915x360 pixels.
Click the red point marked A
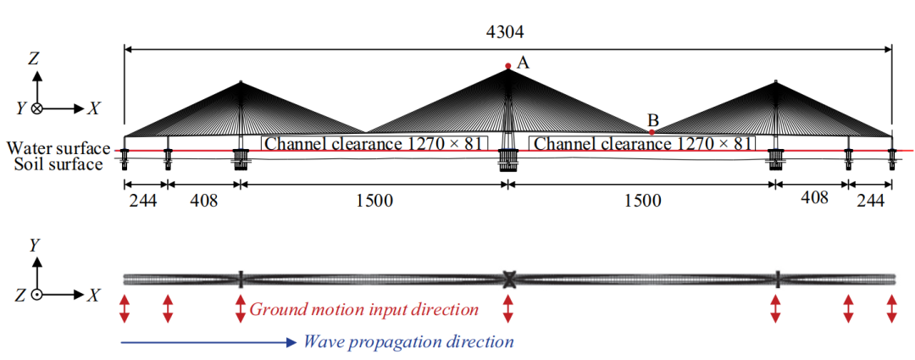(507, 66)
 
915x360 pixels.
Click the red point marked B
(651, 131)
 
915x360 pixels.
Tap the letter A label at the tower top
(523, 62)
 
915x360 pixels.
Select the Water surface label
(58, 148)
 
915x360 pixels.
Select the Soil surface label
(58, 163)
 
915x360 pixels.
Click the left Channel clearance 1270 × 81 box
(374, 144)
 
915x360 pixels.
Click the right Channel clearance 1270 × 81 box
(641, 144)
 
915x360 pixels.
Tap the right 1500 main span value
(641, 201)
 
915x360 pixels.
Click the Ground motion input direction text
(364, 308)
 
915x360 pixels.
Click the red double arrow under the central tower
(508, 308)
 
